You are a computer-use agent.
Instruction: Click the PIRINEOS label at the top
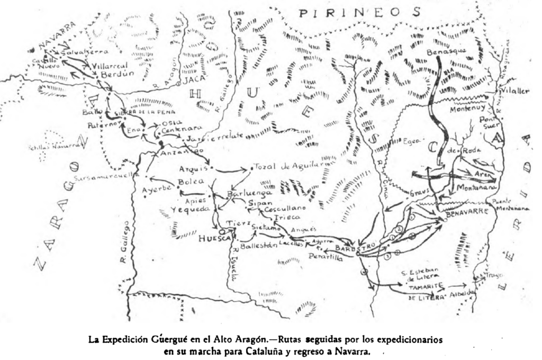coord(360,12)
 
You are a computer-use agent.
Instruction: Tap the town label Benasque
coord(446,51)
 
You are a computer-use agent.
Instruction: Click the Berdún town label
coord(111,74)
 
